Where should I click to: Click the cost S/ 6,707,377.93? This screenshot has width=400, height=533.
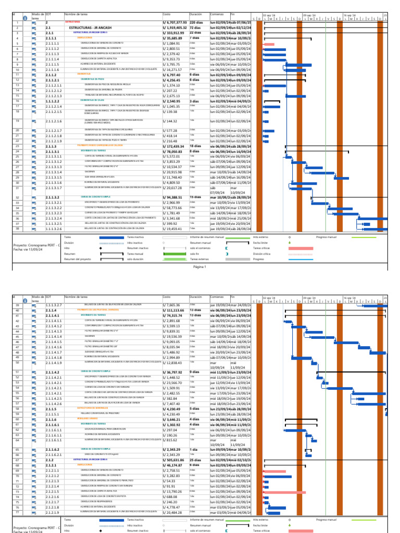[174, 23]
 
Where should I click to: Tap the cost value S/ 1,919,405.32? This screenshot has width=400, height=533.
[174, 28]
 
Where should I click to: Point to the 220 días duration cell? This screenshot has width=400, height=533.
[196, 23]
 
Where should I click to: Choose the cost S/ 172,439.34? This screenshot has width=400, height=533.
[174, 147]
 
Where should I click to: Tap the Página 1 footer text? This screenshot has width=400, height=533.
[200, 266]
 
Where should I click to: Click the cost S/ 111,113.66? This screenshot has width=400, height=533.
[174, 310]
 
